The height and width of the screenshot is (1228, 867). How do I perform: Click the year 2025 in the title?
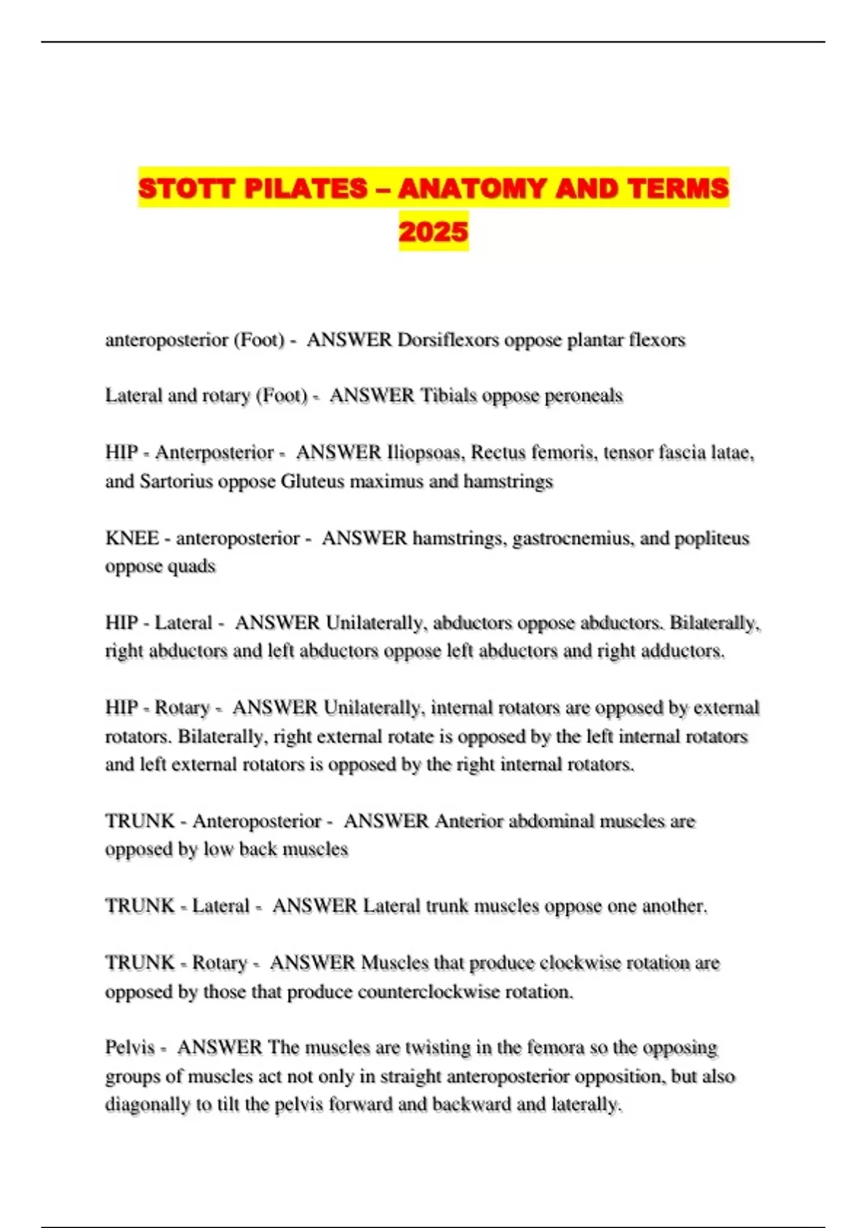click(433, 232)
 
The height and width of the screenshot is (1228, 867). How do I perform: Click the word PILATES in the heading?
click(306, 189)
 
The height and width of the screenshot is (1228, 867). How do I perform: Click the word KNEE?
click(132, 538)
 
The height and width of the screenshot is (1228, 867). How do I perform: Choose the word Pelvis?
click(130, 1047)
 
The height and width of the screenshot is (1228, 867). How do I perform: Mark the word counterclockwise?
click(428, 992)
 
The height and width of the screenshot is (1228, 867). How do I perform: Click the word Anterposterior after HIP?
click(215, 453)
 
